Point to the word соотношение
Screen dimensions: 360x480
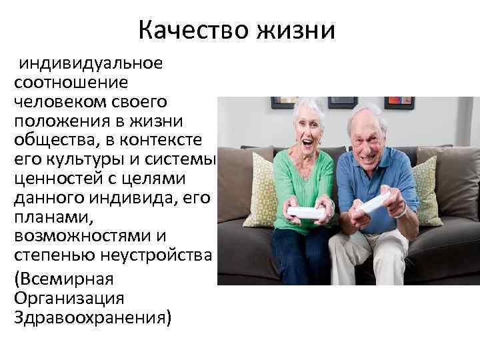[67, 83]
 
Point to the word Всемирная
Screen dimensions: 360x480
[65, 277]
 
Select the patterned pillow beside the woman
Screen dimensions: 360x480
[261, 191]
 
